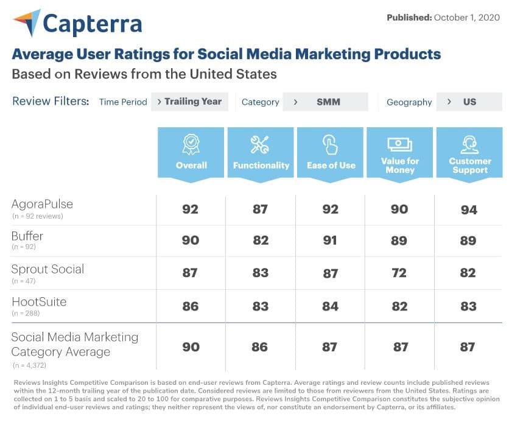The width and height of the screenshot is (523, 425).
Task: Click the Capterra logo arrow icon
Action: click(x=26, y=24)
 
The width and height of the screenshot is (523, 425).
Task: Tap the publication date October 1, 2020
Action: click(x=466, y=17)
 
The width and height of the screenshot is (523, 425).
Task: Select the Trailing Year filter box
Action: click(x=189, y=102)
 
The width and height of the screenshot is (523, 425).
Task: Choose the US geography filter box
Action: click(x=469, y=102)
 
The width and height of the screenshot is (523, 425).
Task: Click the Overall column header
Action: click(x=191, y=152)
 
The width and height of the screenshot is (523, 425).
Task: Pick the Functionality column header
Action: click(x=261, y=152)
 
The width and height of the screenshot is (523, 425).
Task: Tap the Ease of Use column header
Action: click(x=331, y=152)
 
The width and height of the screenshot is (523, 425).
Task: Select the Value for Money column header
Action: click(x=400, y=152)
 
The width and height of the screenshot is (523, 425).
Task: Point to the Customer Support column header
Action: click(x=469, y=152)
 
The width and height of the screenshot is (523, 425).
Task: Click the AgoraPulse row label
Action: click(x=41, y=205)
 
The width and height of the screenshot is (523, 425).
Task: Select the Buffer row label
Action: click(x=27, y=236)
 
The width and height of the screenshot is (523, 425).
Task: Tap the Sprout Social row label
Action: click(x=47, y=269)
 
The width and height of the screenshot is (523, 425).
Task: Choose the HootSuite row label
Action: click(x=39, y=301)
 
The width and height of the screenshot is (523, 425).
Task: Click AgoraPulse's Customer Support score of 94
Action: click(x=469, y=210)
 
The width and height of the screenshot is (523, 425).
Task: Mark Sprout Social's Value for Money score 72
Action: click(x=399, y=273)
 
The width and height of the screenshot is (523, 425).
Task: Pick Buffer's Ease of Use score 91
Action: click(x=330, y=241)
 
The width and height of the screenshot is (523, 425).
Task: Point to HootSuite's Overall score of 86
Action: click(x=191, y=306)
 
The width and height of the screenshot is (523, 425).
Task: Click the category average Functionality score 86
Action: click(x=260, y=347)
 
